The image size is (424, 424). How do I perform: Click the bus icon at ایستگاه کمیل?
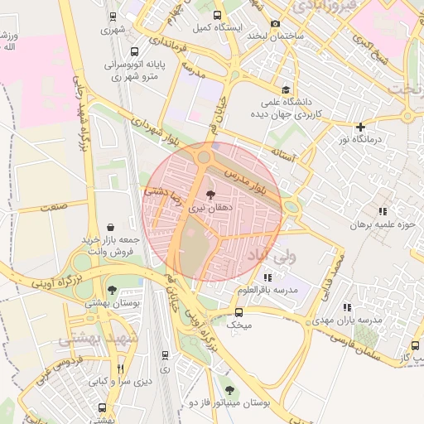(217, 15)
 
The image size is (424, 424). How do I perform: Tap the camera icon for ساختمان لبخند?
(275, 23)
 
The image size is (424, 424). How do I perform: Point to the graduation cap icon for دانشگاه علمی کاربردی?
(286, 90)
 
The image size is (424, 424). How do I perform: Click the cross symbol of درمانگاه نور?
(359, 127)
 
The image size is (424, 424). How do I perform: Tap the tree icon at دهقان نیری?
(209, 194)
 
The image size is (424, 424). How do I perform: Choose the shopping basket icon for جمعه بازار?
(111, 227)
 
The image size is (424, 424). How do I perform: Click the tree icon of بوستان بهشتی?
(112, 290)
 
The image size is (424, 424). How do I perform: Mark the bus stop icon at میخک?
(238, 312)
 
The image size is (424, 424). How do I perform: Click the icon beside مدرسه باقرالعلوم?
(267, 277)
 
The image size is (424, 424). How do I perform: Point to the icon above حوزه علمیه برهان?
(382, 212)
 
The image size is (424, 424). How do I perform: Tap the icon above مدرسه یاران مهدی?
(346, 307)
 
